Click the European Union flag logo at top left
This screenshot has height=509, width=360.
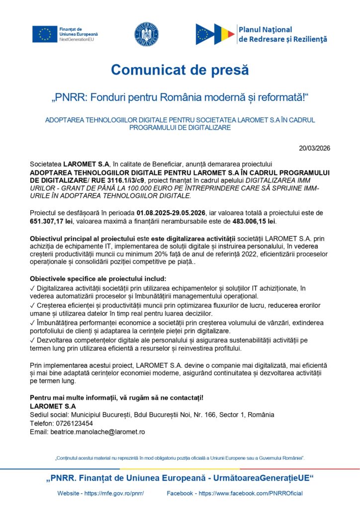[x=45, y=33]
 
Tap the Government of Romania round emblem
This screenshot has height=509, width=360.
[x=146, y=33]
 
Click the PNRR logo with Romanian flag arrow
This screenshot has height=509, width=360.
[x=215, y=34]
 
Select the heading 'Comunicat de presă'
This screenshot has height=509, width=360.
[x=180, y=70]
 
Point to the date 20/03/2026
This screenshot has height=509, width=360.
[x=315, y=148]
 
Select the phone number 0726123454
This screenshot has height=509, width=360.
[x=74, y=423]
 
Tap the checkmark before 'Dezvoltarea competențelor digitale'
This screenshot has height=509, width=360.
[x=32, y=340]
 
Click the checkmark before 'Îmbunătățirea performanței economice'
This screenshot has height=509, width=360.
[x=32, y=323]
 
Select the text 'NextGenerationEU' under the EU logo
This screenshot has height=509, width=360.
[x=75, y=38]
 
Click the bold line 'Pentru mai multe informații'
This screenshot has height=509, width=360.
[x=117, y=397]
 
